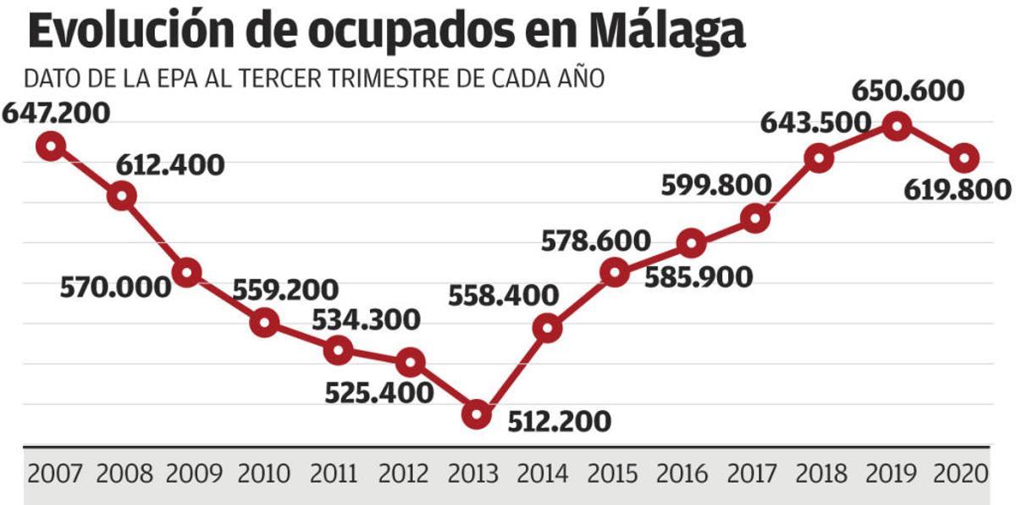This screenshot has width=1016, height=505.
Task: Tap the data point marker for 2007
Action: click(51, 146)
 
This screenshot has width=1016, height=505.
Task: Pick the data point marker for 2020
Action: click(965, 158)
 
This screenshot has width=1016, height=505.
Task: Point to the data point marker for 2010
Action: click(265, 322)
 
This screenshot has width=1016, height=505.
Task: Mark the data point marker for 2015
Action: click(615, 272)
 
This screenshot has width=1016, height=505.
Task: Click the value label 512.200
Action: click(559, 421)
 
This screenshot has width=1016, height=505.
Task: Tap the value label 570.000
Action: click(115, 287)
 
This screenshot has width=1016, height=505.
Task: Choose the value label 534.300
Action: click(366, 320)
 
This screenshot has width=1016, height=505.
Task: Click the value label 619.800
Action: click(958, 190)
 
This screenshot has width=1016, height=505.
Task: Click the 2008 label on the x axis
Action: click(124, 473)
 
